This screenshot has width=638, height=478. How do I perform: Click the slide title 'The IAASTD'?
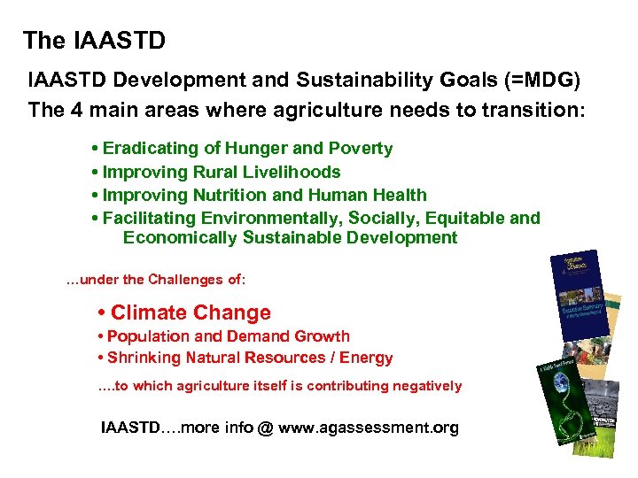pos(94,41)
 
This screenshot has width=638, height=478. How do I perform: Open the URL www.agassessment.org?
pos(369,428)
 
